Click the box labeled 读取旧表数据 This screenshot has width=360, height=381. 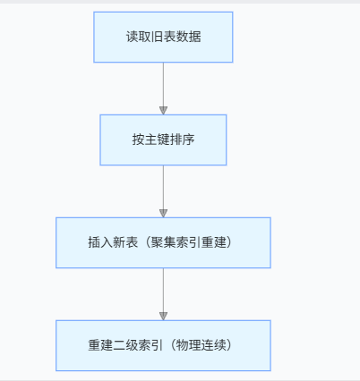point(163,37)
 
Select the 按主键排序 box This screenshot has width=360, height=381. point(163,140)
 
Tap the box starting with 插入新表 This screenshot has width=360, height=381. point(163,242)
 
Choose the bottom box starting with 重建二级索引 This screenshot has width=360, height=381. point(163,345)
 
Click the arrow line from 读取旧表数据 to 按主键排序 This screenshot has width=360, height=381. point(163,85)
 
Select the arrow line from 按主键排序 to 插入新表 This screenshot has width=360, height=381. point(163,188)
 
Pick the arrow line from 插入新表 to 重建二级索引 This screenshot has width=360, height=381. point(163,291)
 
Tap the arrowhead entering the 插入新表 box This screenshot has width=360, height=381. point(163,213)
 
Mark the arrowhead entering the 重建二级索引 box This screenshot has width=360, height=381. point(163,316)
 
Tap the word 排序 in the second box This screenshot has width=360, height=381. point(182,140)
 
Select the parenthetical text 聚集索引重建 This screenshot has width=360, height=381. point(188,243)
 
